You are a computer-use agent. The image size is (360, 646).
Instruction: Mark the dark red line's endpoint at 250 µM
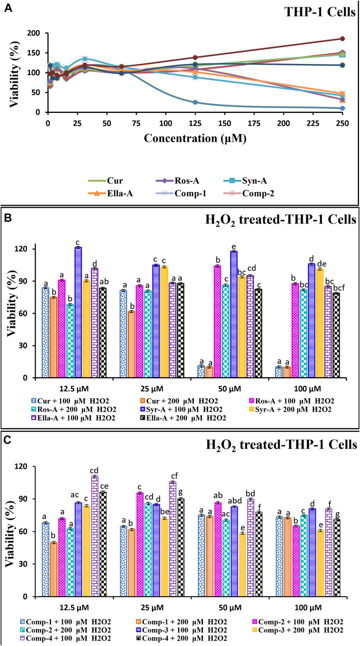(x=342, y=39)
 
